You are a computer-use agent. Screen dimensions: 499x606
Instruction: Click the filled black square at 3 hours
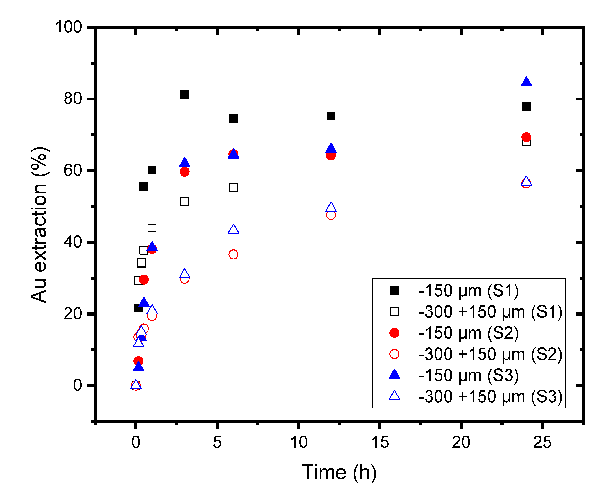click(184, 94)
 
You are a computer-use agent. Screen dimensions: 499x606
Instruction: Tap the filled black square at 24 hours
click(526, 107)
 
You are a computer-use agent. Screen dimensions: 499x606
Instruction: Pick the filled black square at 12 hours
click(331, 116)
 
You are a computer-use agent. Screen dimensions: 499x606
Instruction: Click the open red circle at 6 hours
click(233, 254)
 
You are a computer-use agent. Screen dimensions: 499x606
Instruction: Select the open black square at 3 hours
click(184, 202)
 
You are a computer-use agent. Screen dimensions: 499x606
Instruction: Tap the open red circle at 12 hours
click(331, 215)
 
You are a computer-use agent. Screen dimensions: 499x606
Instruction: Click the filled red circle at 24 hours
click(526, 137)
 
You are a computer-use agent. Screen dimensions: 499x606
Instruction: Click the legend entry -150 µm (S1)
click(468, 291)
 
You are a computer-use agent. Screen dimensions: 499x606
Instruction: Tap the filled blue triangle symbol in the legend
click(394, 375)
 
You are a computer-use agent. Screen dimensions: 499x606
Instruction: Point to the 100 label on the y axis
click(69, 27)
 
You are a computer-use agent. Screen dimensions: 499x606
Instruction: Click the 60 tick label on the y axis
click(73, 170)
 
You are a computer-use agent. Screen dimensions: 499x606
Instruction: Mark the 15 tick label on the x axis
click(380, 442)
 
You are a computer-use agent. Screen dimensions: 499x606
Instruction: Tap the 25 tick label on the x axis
click(542, 442)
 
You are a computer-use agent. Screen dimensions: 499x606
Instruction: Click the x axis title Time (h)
click(339, 472)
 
